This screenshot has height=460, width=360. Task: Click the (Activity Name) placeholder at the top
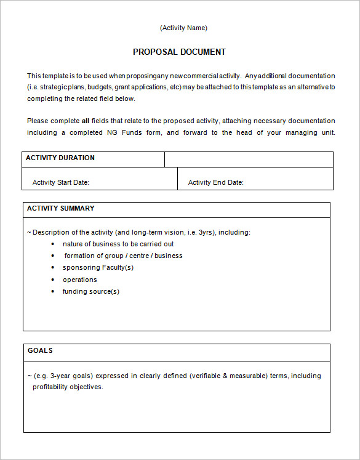coord(183,28)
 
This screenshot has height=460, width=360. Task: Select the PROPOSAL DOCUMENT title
coord(179,52)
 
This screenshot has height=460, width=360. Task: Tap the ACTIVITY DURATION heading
coord(60,158)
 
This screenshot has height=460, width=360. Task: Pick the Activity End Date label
coord(215,182)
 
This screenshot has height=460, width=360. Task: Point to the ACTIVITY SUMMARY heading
coord(60,209)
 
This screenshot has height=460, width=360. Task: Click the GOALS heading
coord(40,351)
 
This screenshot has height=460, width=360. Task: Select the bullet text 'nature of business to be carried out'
coord(118,244)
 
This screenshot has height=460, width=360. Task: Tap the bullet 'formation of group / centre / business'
coord(123,256)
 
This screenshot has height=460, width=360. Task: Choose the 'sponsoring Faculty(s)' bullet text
coord(98,268)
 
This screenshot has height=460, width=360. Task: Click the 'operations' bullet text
coord(80,280)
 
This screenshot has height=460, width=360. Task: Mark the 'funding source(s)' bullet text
coord(91,292)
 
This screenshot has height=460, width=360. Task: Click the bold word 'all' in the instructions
coord(86,121)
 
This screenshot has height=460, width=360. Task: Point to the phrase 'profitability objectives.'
coord(68,387)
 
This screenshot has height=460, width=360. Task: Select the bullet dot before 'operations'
coord(54,280)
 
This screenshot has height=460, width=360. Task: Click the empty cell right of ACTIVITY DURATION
coord(249,159)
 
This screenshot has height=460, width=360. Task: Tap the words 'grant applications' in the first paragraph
coord(137,87)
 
